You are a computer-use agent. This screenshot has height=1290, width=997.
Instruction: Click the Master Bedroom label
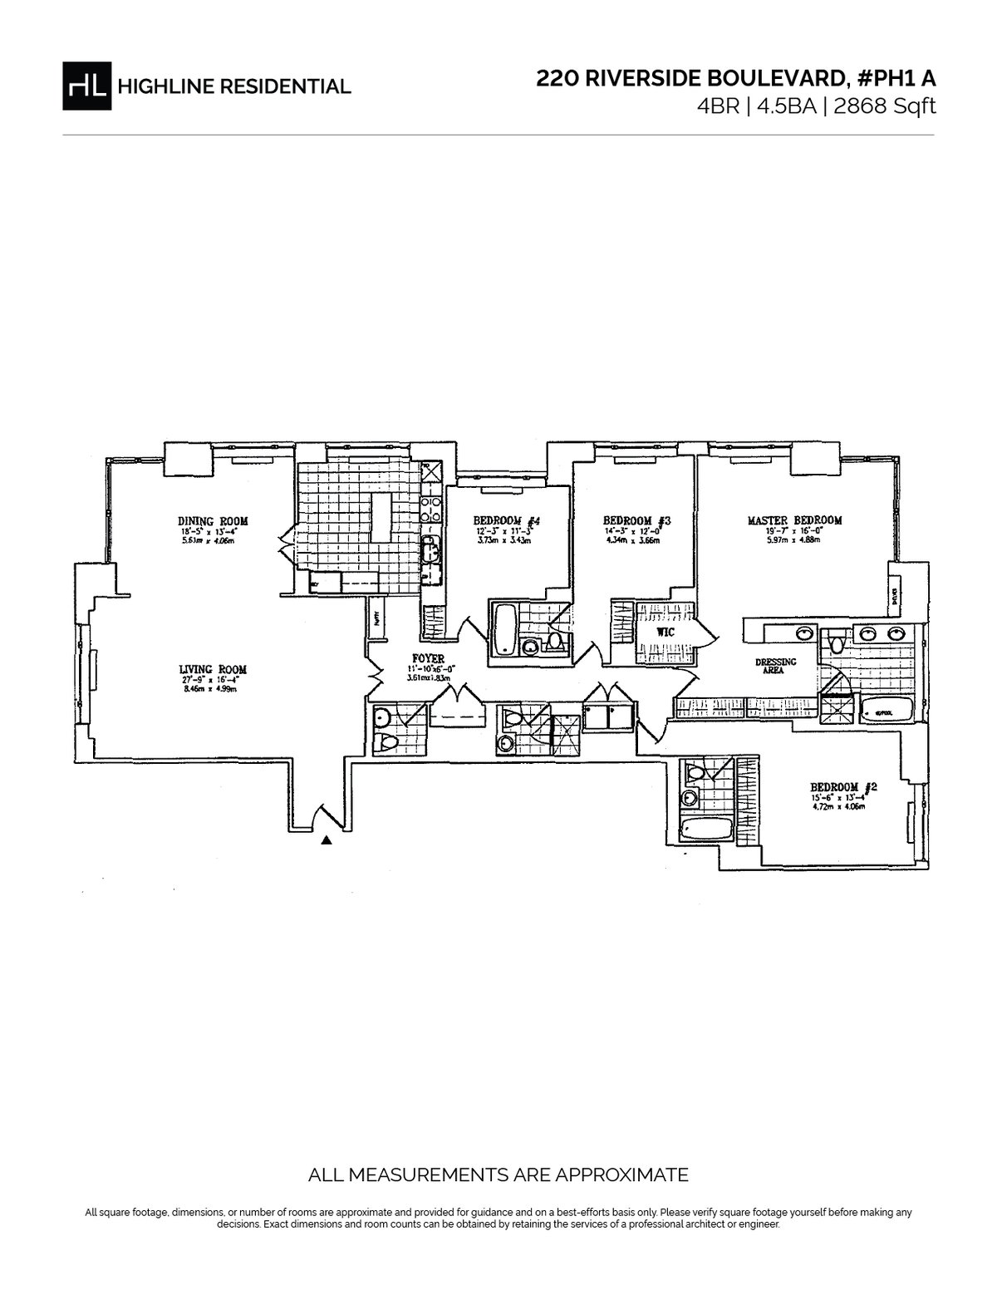tap(794, 520)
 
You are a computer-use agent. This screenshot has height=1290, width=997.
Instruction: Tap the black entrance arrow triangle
tap(327, 840)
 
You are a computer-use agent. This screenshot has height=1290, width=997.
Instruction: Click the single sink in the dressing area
tap(804, 635)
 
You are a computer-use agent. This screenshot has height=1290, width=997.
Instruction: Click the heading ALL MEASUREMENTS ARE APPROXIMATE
tap(498, 1175)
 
